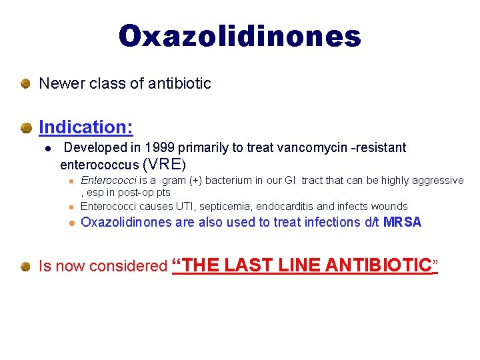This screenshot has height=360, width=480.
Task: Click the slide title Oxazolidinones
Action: click(x=240, y=37)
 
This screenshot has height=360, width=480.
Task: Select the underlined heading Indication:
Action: click(x=86, y=126)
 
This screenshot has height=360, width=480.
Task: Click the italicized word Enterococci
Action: click(x=109, y=181)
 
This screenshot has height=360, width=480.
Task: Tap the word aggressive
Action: click(x=438, y=181)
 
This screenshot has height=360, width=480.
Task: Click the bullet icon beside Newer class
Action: click(x=25, y=84)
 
